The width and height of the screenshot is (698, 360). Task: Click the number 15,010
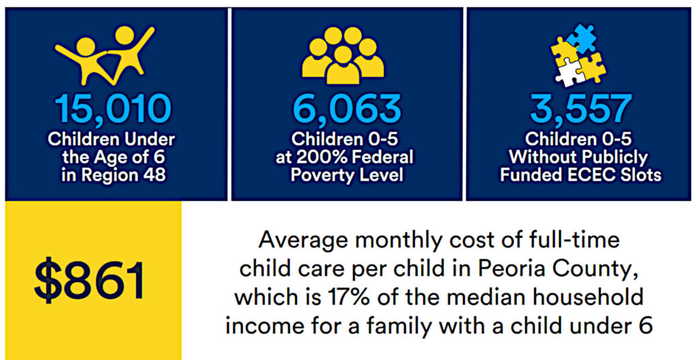coord(112,109)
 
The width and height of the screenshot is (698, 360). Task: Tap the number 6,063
coord(347,109)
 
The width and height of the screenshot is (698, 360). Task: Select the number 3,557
coord(581,109)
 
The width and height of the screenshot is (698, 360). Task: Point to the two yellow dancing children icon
coord(105,55)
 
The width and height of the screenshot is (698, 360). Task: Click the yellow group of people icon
coord(343,56)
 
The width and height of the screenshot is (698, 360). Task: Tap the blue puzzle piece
coord(581,38)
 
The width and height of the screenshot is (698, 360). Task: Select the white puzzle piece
coord(571,73)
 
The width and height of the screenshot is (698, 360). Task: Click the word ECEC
coord(591,175)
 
